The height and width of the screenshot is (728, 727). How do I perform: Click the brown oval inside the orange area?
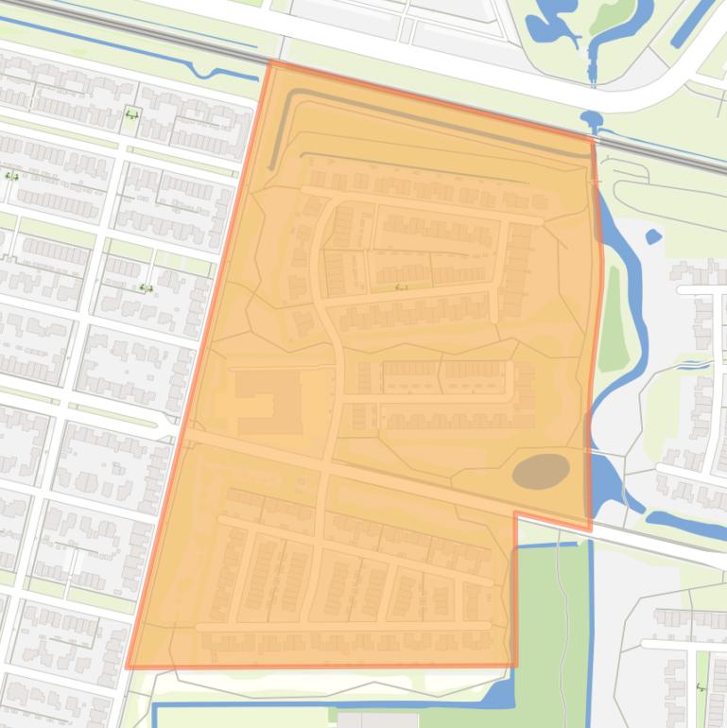point(541,470)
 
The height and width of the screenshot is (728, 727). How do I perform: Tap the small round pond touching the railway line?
point(593,120)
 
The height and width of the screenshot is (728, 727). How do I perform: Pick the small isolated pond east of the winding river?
point(652,236)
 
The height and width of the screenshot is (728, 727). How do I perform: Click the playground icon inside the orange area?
point(402,286)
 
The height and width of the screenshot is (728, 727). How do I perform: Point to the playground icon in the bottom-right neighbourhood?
point(701,689)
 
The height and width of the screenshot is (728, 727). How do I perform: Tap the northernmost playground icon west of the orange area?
point(131,115)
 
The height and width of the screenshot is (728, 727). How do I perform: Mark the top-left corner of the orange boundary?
point(270,62)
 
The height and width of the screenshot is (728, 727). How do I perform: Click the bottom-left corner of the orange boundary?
point(129,667)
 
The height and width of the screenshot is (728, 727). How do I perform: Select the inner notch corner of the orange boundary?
point(515,513)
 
